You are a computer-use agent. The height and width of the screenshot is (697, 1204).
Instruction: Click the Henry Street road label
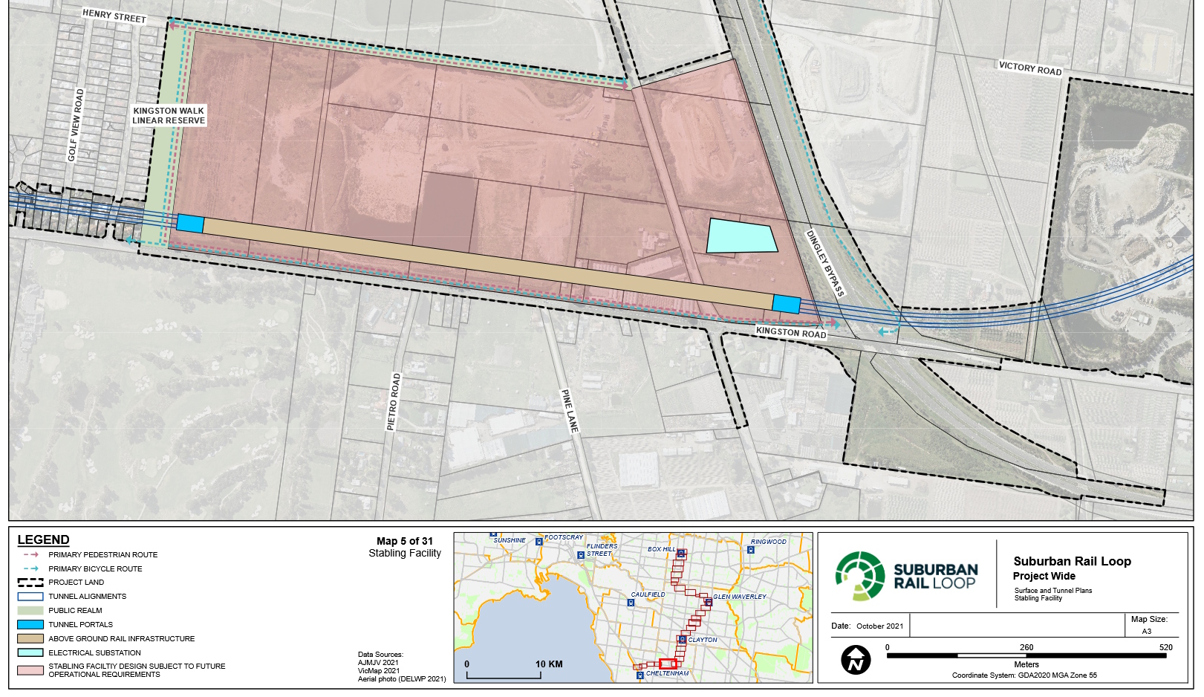pyautogui.click(x=114, y=16)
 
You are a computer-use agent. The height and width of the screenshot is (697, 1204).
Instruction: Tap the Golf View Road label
pyautogui.click(x=76, y=125)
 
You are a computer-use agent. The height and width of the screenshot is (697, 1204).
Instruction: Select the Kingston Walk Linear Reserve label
pyautogui.click(x=169, y=115)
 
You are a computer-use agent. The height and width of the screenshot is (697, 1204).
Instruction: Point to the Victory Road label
pyautogui.click(x=1029, y=68)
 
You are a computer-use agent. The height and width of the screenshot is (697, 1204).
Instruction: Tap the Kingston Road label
pyautogui.click(x=790, y=332)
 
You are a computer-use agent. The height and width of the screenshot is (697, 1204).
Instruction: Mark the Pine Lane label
pyautogui.click(x=569, y=411)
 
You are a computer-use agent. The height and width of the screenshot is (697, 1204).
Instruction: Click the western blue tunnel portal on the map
pyautogui.click(x=190, y=224)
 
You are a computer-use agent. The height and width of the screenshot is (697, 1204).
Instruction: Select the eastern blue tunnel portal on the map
pyautogui.click(x=786, y=304)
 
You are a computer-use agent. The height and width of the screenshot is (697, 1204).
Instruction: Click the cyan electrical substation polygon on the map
pyautogui.click(x=740, y=236)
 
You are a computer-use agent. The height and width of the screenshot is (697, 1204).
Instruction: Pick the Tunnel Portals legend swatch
pyautogui.click(x=30, y=624)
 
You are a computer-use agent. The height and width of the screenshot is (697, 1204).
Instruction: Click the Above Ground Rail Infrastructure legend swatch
pyautogui.click(x=30, y=638)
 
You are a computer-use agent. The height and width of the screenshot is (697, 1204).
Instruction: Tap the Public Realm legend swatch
pyautogui.click(x=30, y=610)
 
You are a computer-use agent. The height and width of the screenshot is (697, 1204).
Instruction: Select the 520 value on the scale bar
pyautogui.click(x=1165, y=647)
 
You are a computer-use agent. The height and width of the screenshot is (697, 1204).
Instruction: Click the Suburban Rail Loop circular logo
pyautogui.click(x=860, y=576)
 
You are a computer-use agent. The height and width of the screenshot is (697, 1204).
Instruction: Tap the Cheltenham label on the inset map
pyautogui.click(x=667, y=673)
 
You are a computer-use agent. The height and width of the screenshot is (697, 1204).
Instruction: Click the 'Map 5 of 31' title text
pyautogui.click(x=404, y=541)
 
